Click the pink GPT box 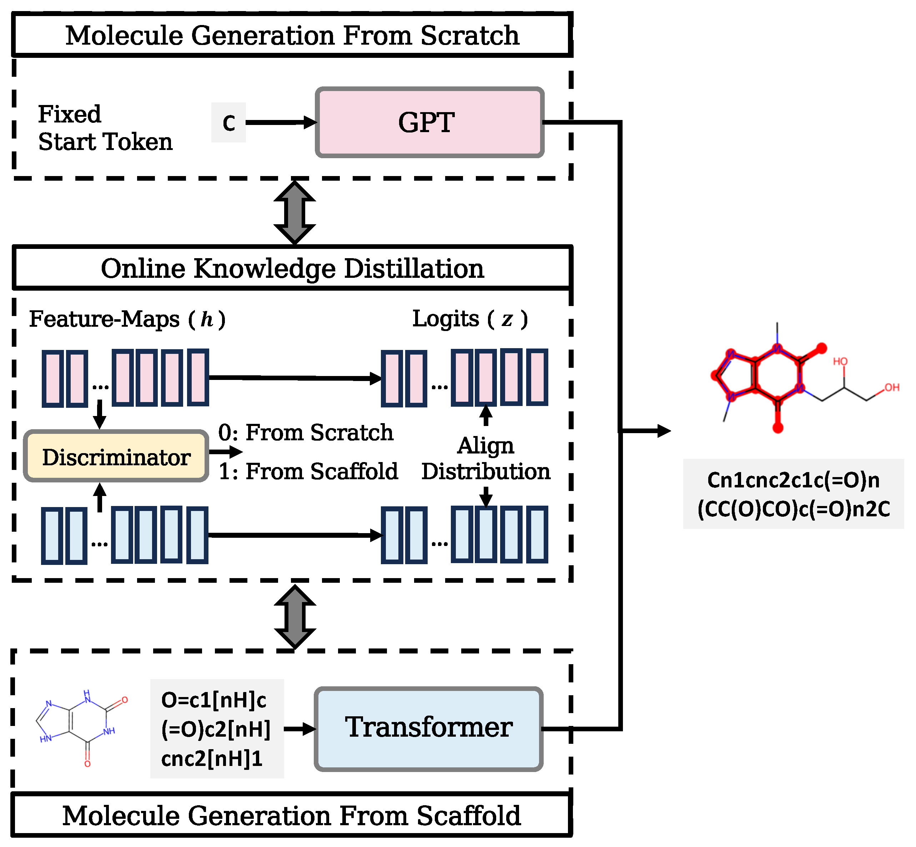coord(429,122)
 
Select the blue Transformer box coord(428,729)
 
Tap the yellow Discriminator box coord(116,456)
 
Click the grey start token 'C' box coord(228,122)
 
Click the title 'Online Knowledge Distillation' coord(292,268)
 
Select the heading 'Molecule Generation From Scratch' coord(292,35)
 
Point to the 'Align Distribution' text coord(486,458)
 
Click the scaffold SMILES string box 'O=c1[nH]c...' coord(217,729)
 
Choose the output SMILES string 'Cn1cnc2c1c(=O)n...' coord(793,494)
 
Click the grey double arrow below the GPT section coord(295,212)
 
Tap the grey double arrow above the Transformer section coord(295,616)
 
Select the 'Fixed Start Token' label coord(105,128)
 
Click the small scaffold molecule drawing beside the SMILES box coord(82,729)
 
